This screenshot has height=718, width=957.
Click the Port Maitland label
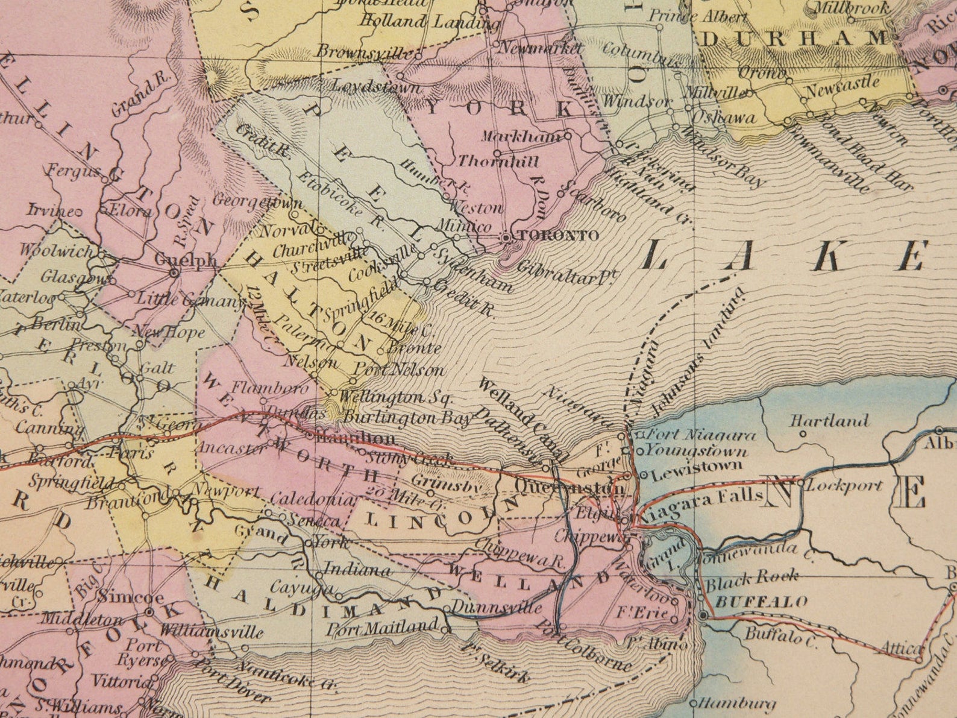pyautogui.click(x=382, y=628)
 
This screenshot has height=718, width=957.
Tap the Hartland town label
pyautogui.click(x=829, y=420)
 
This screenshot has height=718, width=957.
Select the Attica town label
pyautogui.click(x=902, y=649)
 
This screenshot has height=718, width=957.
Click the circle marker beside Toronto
pyautogui.click(x=507, y=238)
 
